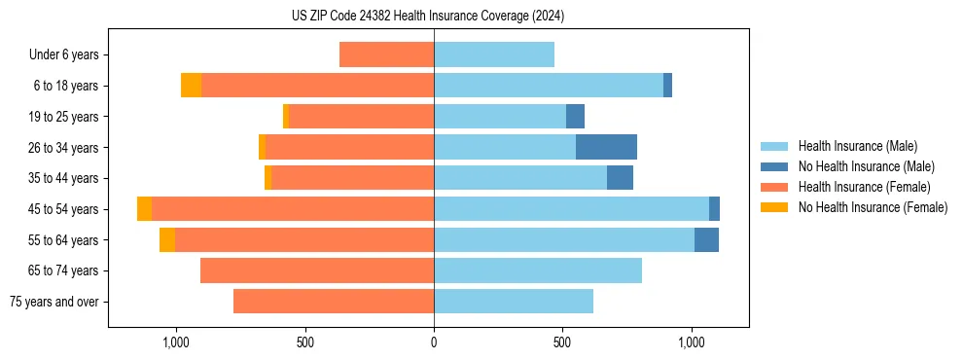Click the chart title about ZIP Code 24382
click(x=427, y=17)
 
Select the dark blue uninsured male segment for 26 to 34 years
click(x=606, y=147)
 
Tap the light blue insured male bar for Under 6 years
click(x=494, y=54)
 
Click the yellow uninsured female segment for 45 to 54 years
click(x=144, y=209)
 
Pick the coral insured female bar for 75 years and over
click(x=334, y=302)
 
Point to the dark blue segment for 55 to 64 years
click(x=706, y=240)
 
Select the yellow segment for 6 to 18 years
click(x=191, y=86)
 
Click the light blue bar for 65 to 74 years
click(x=538, y=270)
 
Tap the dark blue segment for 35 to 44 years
click(x=620, y=178)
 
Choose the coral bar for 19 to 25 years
click(x=361, y=117)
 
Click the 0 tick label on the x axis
click(x=434, y=342)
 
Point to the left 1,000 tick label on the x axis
click(x=176, y=342)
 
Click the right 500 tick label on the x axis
click(x=562, y=342)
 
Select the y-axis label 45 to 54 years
click(x=63, y=209)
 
